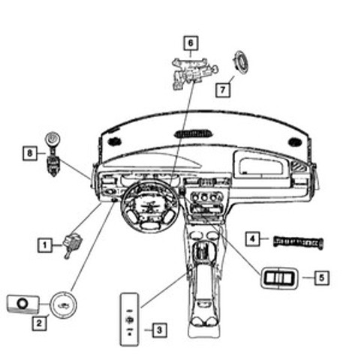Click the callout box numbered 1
[45, 245]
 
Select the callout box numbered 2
[39, 323]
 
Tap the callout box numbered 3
[160, 330]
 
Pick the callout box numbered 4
[253, 239]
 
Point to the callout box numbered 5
[321, 277]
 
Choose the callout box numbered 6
[191, 43]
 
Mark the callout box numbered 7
[223, 89]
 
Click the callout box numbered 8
[30, 153]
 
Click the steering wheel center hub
[149, 207]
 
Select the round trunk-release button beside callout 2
[63, 304]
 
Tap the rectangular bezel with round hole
[23, 304]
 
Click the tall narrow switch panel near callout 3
[129, 319]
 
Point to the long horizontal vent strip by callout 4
[298, 242]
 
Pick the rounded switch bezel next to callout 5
[279, 277]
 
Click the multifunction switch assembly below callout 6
[195, 73]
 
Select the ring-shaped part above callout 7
[241, 61]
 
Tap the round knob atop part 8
[53, 139]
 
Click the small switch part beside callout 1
[73, 245]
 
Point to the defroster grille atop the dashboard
[194, 134]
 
